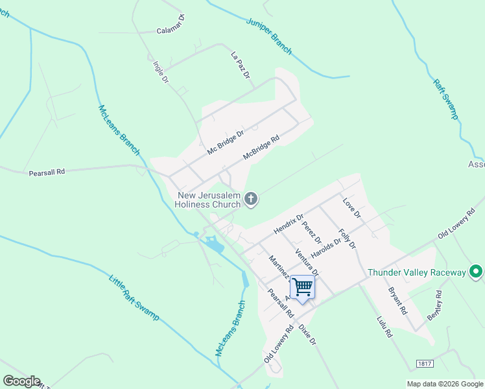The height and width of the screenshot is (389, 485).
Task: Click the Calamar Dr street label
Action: [171, 29]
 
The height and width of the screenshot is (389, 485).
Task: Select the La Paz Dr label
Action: [240, 65]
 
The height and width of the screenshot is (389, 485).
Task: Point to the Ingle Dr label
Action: [160, 72]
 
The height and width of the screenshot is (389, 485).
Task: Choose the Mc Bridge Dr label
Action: [225, 143]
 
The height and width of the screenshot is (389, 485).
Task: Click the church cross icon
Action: [250, 199]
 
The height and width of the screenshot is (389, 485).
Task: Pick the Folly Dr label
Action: [347, 238]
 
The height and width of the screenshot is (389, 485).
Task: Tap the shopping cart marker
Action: [302, 287]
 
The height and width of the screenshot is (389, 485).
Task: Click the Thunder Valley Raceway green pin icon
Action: [476, 272]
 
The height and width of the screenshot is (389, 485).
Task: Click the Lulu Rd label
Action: [384, 327]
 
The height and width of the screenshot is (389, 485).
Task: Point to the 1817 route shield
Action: [425, 364]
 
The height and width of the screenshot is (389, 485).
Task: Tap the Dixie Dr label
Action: [307, 335]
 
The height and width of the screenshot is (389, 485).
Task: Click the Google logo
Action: [21, 381]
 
